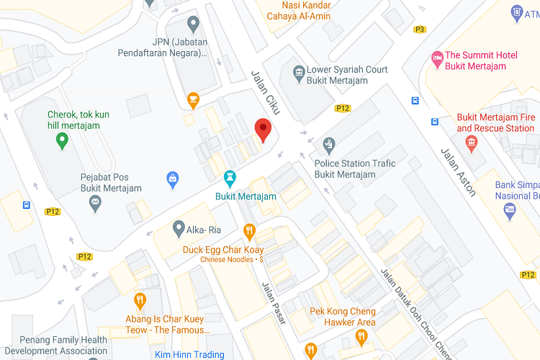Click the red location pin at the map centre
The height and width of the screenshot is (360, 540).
tap(264, 130)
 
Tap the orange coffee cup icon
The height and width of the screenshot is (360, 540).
tap(192, 99)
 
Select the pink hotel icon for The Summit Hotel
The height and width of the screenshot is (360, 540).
tap(436, 56)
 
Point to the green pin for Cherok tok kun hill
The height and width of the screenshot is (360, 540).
tap(63, 141)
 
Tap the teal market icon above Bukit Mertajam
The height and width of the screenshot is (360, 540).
tap(230, 177)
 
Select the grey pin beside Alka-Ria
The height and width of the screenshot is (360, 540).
tap(179, 229)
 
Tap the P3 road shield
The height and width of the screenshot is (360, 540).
tap(420, 30)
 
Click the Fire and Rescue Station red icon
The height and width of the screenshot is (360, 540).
tap(472, 143)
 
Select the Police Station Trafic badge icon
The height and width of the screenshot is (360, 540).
tap(329, 144)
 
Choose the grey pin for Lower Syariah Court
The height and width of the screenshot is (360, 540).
tap(298, 72)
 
